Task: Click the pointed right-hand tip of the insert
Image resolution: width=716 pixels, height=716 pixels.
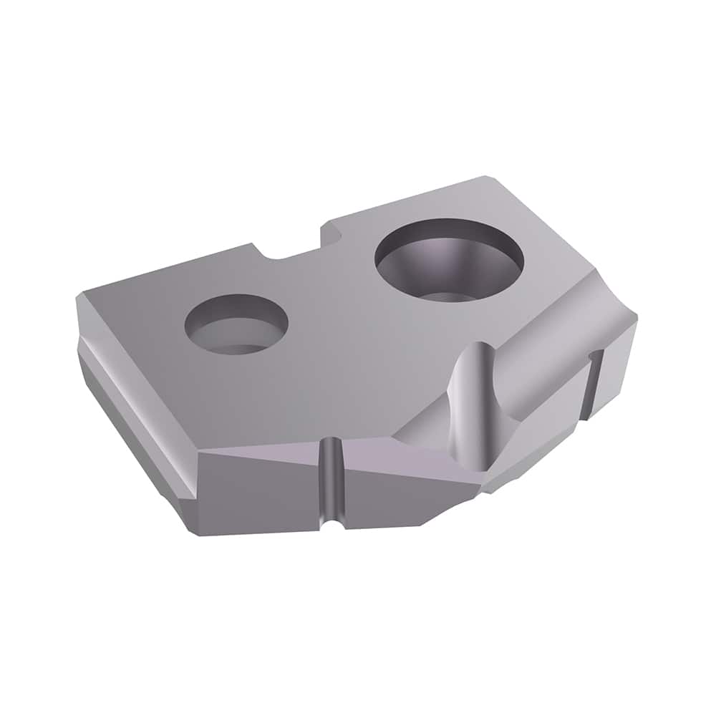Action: click(x=633, y=322)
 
